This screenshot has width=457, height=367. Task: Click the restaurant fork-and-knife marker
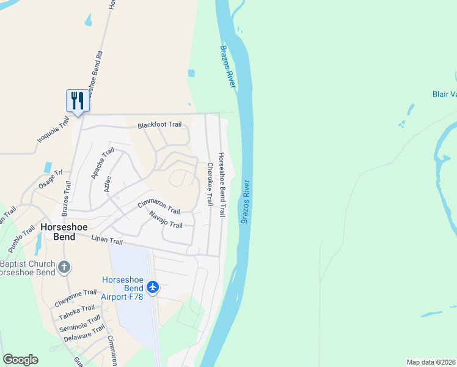78,100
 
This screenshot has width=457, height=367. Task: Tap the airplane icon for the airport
152,287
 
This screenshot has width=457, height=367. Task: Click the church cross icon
64,267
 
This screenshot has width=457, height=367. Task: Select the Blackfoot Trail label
159,125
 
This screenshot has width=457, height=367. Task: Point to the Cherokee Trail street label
210,184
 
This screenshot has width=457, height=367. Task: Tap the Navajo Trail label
166,221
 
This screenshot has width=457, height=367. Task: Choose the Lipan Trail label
108,239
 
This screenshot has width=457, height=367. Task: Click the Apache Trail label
103,163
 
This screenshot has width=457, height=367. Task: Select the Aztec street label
108,183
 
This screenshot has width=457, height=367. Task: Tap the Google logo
20,360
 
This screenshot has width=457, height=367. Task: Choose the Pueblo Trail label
21,239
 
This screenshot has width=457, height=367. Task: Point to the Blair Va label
444,94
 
